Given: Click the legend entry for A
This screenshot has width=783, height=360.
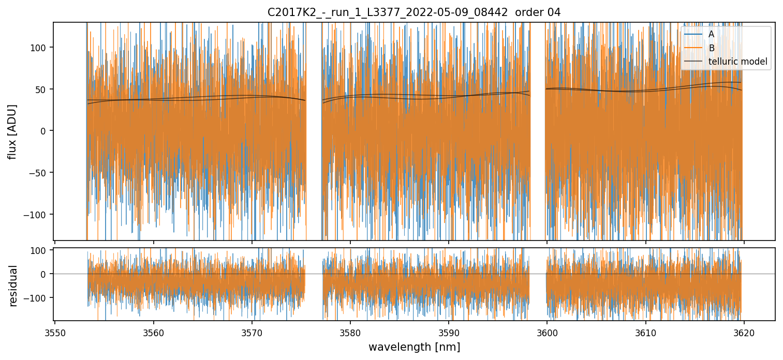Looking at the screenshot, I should pyautogui.click(x=711, y=34).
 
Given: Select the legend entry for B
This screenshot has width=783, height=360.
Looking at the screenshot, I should pyautogui.click(x=711, y=48).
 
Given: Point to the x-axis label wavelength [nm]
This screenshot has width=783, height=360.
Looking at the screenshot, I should pyautogui.click(x=414, y=347).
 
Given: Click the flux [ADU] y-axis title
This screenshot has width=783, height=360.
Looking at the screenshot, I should pyautogui.click(x=12, y=131).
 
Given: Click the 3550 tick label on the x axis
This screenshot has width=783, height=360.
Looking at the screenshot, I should pyautogui.click(x=55, y=333).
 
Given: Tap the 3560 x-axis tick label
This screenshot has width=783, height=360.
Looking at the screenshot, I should pyautogui.click(x=153, y=333).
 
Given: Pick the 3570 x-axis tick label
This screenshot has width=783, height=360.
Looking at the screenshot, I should pyautogui.click(x=252, y=333).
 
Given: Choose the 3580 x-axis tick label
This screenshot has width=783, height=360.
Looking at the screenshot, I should pyautogui.click(x=350, y=333).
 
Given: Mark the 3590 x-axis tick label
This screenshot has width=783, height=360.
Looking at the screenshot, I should pyautogui.click(x=448, y=333).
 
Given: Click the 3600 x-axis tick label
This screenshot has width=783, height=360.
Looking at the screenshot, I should pyautogui.click(x=547, y=333).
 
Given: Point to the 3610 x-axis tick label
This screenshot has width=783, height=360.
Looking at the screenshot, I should pyautogui.click(x=645, y=333).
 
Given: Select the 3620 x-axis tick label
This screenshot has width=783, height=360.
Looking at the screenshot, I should pyautogui.click(x=744, y=333).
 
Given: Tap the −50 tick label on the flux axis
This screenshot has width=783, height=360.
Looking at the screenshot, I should pyautogui.click(x=38, y=173).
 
